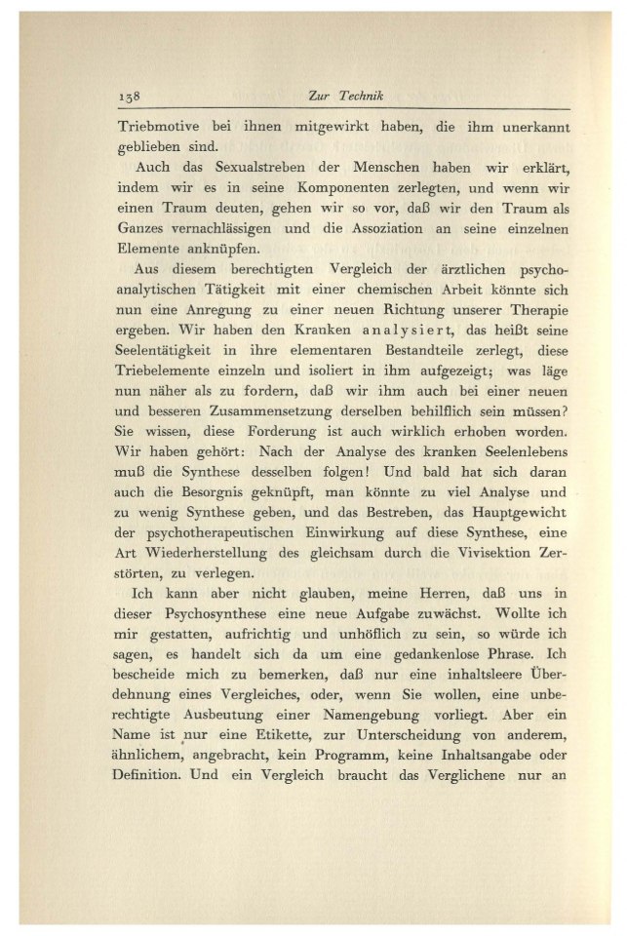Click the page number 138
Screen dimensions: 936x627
pos(129,98)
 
